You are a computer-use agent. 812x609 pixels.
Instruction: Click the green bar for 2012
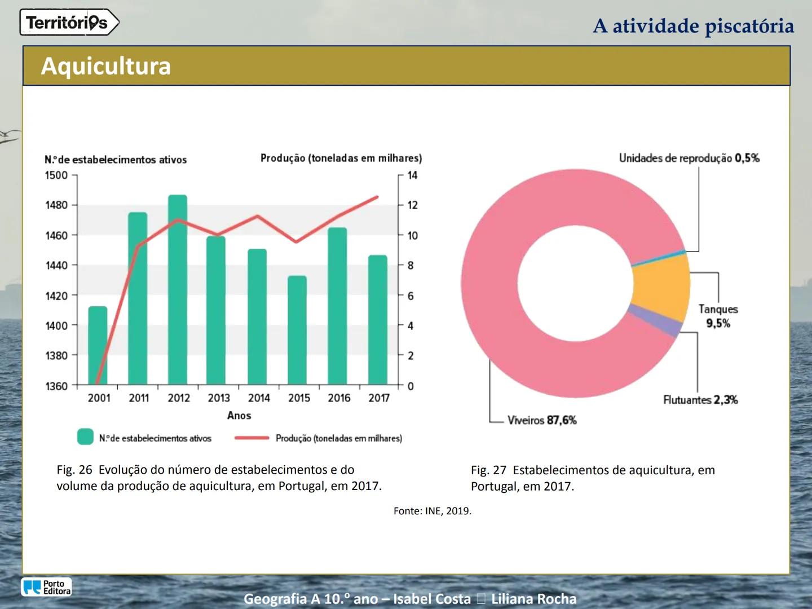pyautogui.click(x=178, y=290)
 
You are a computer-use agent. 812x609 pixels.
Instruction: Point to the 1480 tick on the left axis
pyautogui.click(x=56, y=205)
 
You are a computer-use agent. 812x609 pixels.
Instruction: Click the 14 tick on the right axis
pyautogui.click(x=412, y=175)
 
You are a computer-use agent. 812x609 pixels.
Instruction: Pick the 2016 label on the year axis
pyautogui.click(x=339, y=398)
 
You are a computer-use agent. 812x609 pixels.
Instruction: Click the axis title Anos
pyautogui.click(x=239, y=416)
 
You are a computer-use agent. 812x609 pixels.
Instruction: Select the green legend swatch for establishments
pyautogui.click(x=85, y=437)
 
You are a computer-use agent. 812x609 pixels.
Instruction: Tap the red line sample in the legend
pyautogui.click(x=251, y=438)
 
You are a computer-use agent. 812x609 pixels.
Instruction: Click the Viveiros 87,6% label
pyautogui.click(x=542, y=420)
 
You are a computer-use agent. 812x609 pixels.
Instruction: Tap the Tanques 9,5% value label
pyautogui.click(x=718, y=323)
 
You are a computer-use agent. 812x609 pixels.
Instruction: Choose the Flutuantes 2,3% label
pyautogui.click(x=700, y=400)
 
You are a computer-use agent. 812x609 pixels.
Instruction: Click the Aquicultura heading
pyautogui.click(x=106, y=66)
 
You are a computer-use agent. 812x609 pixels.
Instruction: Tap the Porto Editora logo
pyautogui.click(x=47, y=587)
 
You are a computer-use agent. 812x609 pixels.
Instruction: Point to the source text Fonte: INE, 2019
pyautogui.click(x=433, y=511)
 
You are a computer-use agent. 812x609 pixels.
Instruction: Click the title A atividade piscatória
pyautogui.click(x=693, y=26)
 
